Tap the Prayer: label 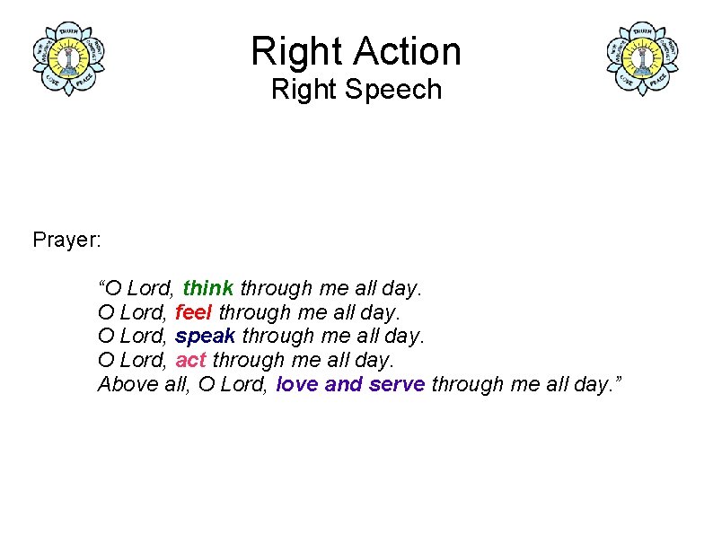click(x=67, y=240)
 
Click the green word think click(x=207, y=288)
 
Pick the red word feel click(x=193, y=312)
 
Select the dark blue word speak click(x=205, y=337)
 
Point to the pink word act click(x=190, y=360)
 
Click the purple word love click(x=297, y=384)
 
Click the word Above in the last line click(x=122, y=384)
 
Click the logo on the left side click(x=68, y=58)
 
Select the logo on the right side click(x=642, y=58)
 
